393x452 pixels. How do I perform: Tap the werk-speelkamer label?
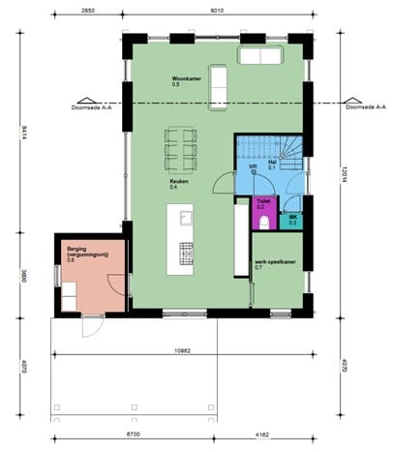click(274, 262)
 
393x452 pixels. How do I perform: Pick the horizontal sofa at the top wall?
click(260, 56)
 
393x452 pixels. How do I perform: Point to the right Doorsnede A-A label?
click(364, 108)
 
